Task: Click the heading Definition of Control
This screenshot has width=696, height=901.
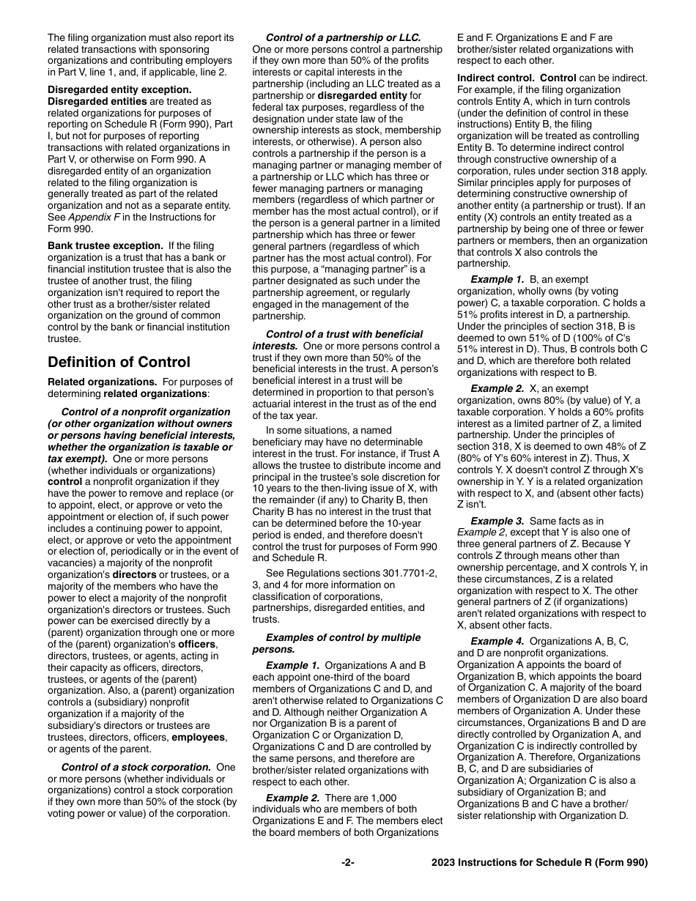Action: pyautogui.click(x=119, y=362)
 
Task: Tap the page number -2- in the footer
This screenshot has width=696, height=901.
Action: pyautogui.click(x=348, y=862)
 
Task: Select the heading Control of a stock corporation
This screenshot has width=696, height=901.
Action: pyautogui.click(x=136, y=767)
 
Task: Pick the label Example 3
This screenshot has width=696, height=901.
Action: pyautogui.click(x=497, y=521)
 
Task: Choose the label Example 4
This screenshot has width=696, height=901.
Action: pyautogui.click(x=497, y=641)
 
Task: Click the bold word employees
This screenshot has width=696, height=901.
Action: pyautogui.click(x=199, y=737)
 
